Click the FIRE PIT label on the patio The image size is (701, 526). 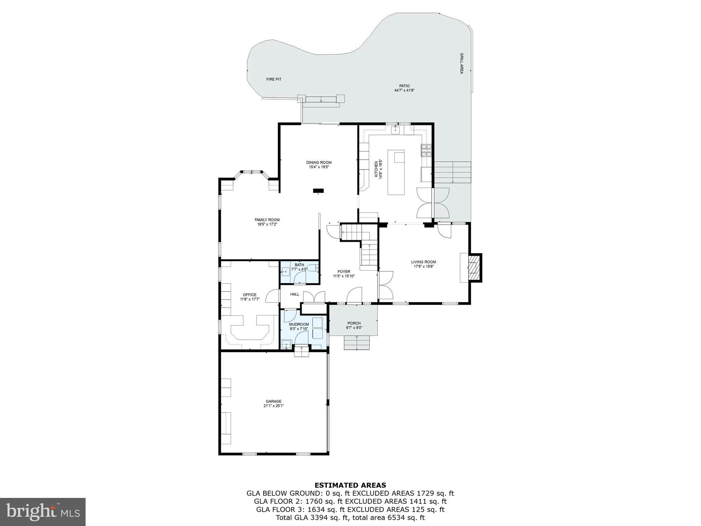point(274,79)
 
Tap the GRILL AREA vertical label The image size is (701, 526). point(461,63)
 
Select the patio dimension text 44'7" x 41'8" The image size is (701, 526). point(404,90)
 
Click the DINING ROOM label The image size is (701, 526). point(319,163)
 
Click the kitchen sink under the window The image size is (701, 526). point(396,129)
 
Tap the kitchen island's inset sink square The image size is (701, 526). point(399,158)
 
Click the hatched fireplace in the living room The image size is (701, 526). point(474,267)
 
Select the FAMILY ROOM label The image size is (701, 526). point(267,220)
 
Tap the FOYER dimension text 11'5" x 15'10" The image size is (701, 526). point(344,276)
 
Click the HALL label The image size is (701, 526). point(295,294)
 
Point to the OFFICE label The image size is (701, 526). point(250,295)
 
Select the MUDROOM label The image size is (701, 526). point(299,324)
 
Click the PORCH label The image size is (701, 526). point(354,323)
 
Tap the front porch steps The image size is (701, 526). point(357,343)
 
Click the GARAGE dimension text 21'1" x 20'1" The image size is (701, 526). point(273,406)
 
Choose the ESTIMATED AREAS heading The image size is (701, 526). point(350,485)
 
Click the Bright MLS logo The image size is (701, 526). point(42,512)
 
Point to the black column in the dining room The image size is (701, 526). point(318,191)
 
